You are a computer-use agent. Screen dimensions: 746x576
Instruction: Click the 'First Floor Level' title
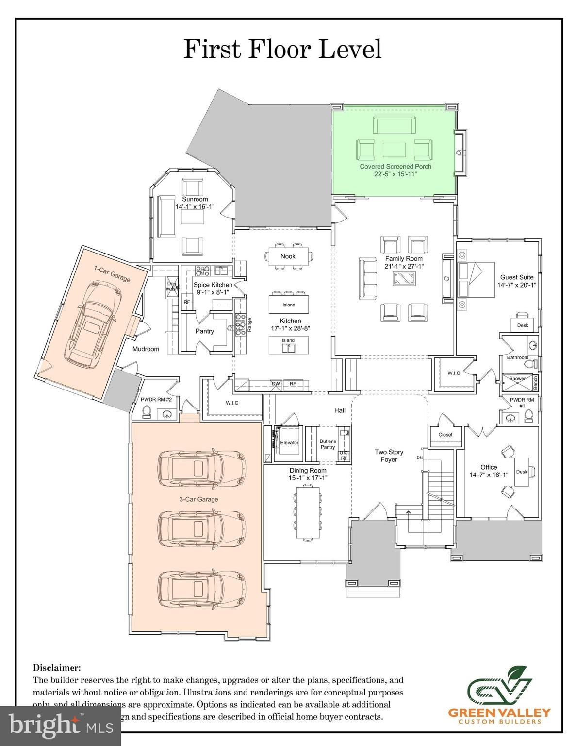pos(282,49)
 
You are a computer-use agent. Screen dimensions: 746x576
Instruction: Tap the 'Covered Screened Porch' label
pos(395,166)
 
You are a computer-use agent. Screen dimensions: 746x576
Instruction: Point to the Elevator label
pos(289,442)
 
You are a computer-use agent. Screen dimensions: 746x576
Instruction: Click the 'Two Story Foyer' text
pos(389,456)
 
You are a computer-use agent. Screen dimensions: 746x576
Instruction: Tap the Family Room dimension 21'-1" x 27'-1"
pos(404,266)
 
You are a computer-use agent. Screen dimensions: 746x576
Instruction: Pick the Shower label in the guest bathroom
pos(517,378)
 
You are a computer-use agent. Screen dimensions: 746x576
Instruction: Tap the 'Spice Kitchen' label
pos(213,285)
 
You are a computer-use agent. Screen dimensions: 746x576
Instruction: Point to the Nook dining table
pos(288,256)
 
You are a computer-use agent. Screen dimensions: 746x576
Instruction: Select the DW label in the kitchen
pos(276,384)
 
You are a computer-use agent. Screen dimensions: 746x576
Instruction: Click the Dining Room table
pos(307,512)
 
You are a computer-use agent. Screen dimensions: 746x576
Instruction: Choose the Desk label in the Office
pos(521,472)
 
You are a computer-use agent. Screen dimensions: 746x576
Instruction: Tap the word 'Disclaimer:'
pos(57,668)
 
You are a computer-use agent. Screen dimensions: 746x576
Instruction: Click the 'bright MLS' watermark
pos(61,726)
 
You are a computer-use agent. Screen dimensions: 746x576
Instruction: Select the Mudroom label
pos(146,349)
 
